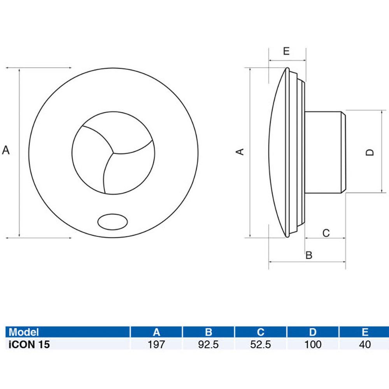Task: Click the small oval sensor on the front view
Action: click(x=112, y=222)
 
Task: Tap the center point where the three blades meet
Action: click(x=113, y=152)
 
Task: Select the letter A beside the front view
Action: click(x=6, y=150)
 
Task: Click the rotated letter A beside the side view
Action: click(x=241, y=152)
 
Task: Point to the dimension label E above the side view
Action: click(x=286, y=51)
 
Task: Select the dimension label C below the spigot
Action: click(x=326, y=233)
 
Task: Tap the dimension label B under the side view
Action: click(x=309, y=255)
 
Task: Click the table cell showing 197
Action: click(x=156, y=344)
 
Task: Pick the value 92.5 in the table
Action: click(x=209, y=344)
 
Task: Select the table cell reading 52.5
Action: click(x=261, y=344)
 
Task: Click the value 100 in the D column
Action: click(x=313, y=344)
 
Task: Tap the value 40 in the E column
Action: click(x=365, y=344)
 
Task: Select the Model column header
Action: click(x=24, y=332)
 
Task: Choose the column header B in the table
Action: click(x=209, y=332)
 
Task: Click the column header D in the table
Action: click(x=313, y=332)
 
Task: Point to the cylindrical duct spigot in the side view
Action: click(x=325, y=152)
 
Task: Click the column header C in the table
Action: click(x=261, y=332)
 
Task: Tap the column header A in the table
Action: click(x=156, y=332)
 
